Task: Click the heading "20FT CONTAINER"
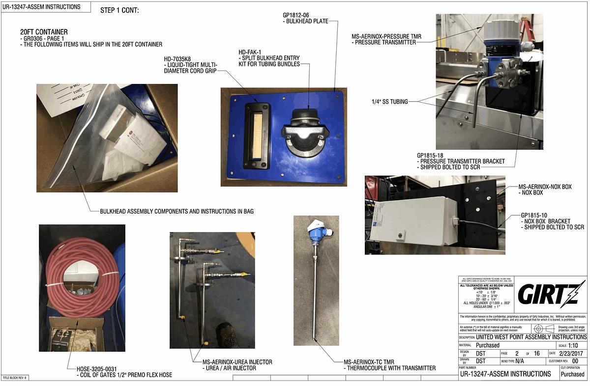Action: pyautogui.click(x=44, y=32)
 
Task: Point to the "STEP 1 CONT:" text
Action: pyautogui.click(x=119, y=10)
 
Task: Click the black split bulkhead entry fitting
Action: pyautogui.click(x=305, y=132)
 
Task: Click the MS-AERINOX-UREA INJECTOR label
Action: pyautogui.click(x=234, y=362)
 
